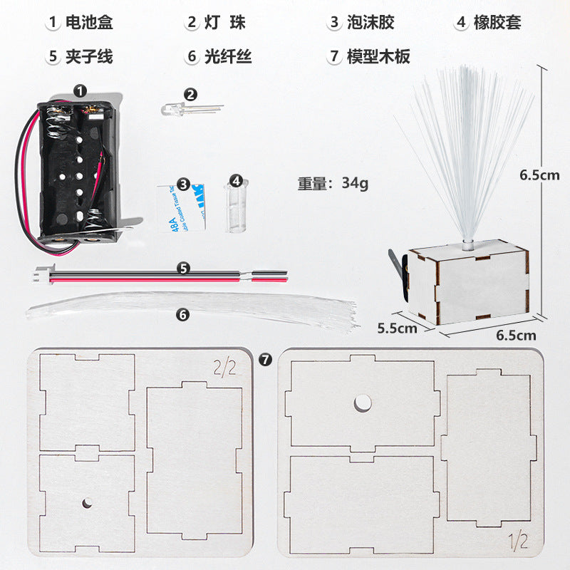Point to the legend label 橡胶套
tap(499, 22)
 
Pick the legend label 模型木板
tap(378, 56)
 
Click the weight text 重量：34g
tap(333, 183)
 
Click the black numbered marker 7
tap(266, 359)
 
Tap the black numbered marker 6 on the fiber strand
tap(183, 313)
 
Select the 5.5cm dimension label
tap(397, 328)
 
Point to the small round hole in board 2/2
tap(87, 504)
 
